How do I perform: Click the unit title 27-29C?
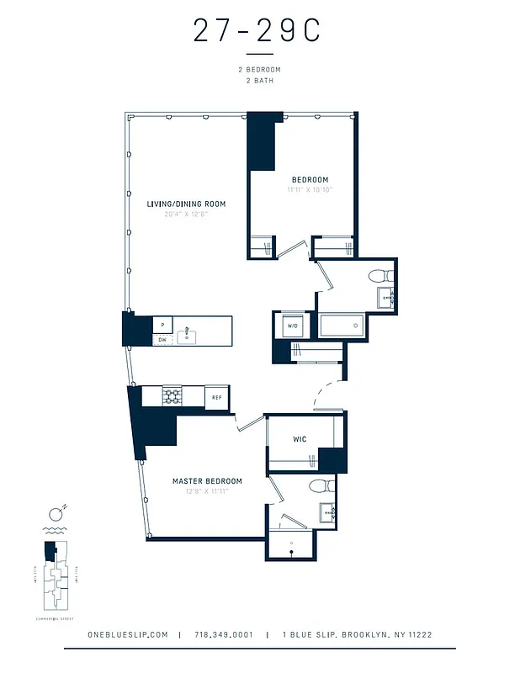(257, 31)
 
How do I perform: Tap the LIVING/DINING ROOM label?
(187, 204)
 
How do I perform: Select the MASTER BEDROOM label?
(207, 481)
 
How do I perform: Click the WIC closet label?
(299, 439)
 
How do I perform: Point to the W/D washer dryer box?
(293, 326)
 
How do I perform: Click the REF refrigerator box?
(216, 398)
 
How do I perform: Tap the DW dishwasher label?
(162, 340)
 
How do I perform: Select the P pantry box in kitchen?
(162, 325)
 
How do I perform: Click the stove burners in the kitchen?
(172, 397)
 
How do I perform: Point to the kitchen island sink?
(188, 336)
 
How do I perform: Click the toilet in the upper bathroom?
(379, 275)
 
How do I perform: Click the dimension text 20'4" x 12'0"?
(186, 215)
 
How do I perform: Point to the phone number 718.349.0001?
(223, 635)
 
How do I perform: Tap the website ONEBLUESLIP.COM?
(128, 635)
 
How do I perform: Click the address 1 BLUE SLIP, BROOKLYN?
(357, 635)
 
